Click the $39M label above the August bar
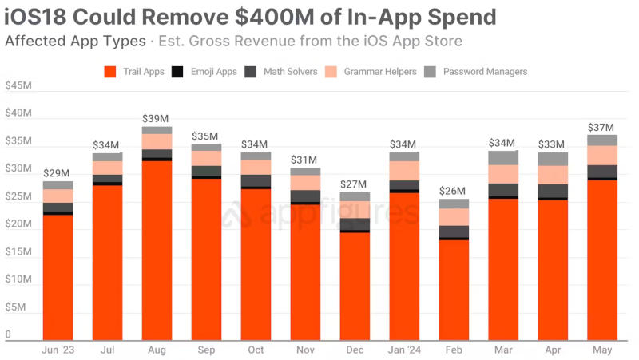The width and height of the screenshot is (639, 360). click(156, 118)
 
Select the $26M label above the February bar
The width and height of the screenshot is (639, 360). click(453, 191)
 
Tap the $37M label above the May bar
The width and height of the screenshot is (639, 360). click(601, 127)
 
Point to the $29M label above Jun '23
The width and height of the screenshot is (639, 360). click(56, 173)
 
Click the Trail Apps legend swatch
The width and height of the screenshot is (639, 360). click(111, 72)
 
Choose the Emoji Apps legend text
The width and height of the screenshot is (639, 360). click(213, 72)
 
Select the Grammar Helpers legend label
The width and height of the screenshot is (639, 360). click(380, 72)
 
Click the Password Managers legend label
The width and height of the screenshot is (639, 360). click(485, 72)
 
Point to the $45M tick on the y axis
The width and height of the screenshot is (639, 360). click(18, 86)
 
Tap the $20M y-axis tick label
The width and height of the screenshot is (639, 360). click(18, 224)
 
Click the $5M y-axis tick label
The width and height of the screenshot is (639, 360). click(16, 307)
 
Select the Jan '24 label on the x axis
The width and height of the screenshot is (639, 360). click(403, 350)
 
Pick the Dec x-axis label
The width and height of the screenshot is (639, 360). click(354, 350)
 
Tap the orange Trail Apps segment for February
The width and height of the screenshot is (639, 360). click(453, 291)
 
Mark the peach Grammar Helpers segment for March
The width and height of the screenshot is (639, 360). click(502, 174)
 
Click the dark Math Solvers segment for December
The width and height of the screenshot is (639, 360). click(354, 224)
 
